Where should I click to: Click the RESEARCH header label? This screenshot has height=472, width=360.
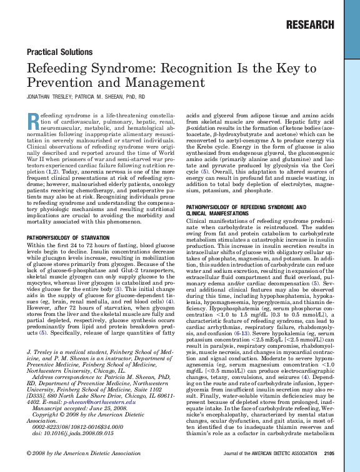pos(309,25)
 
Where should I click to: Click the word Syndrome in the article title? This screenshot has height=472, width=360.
pos(102,69)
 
